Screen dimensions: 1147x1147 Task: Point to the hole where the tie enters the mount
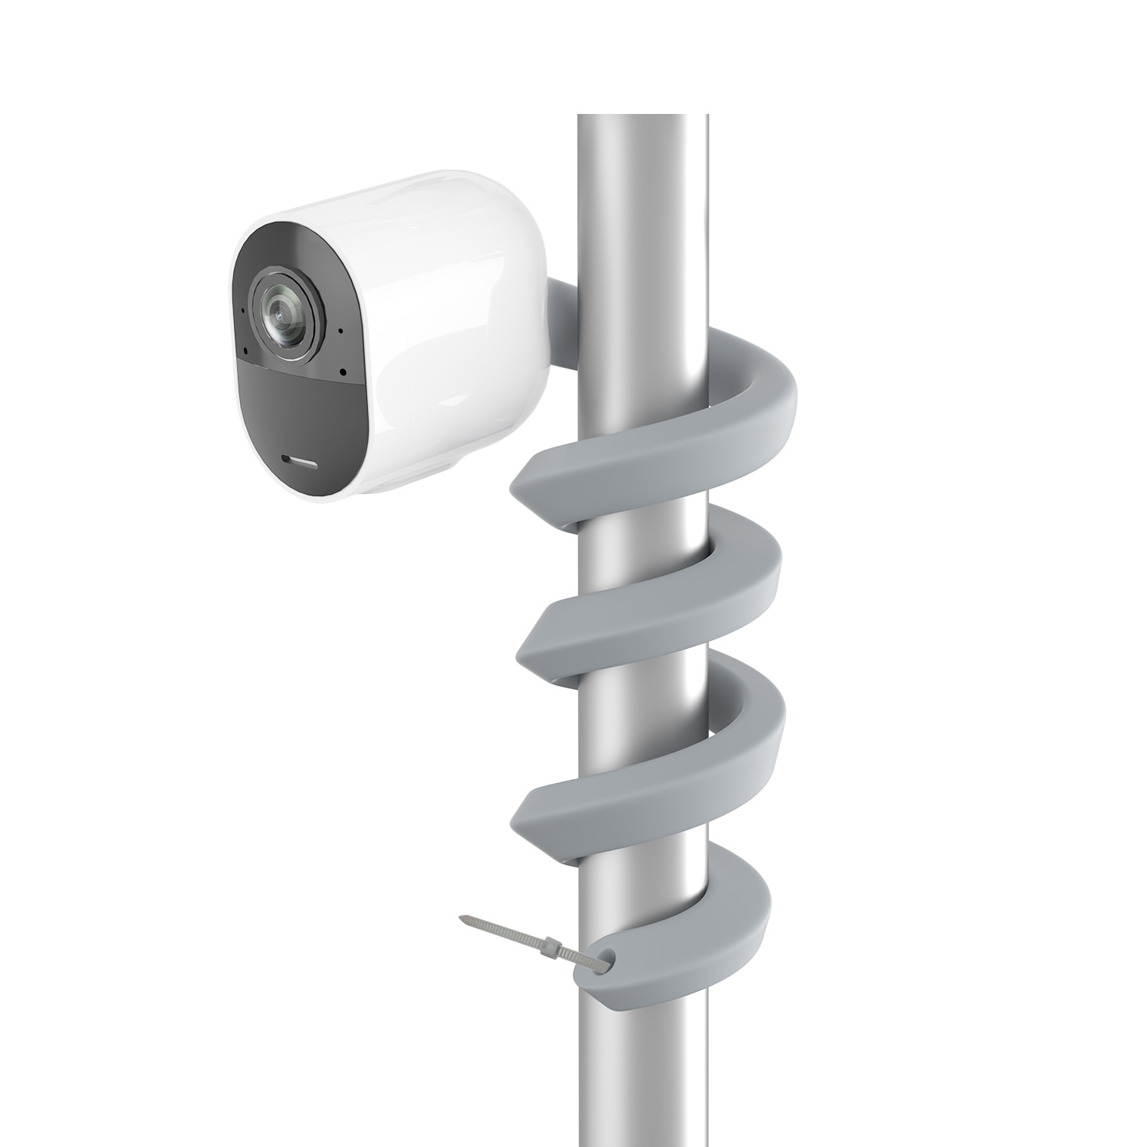[x=606, y=954]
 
